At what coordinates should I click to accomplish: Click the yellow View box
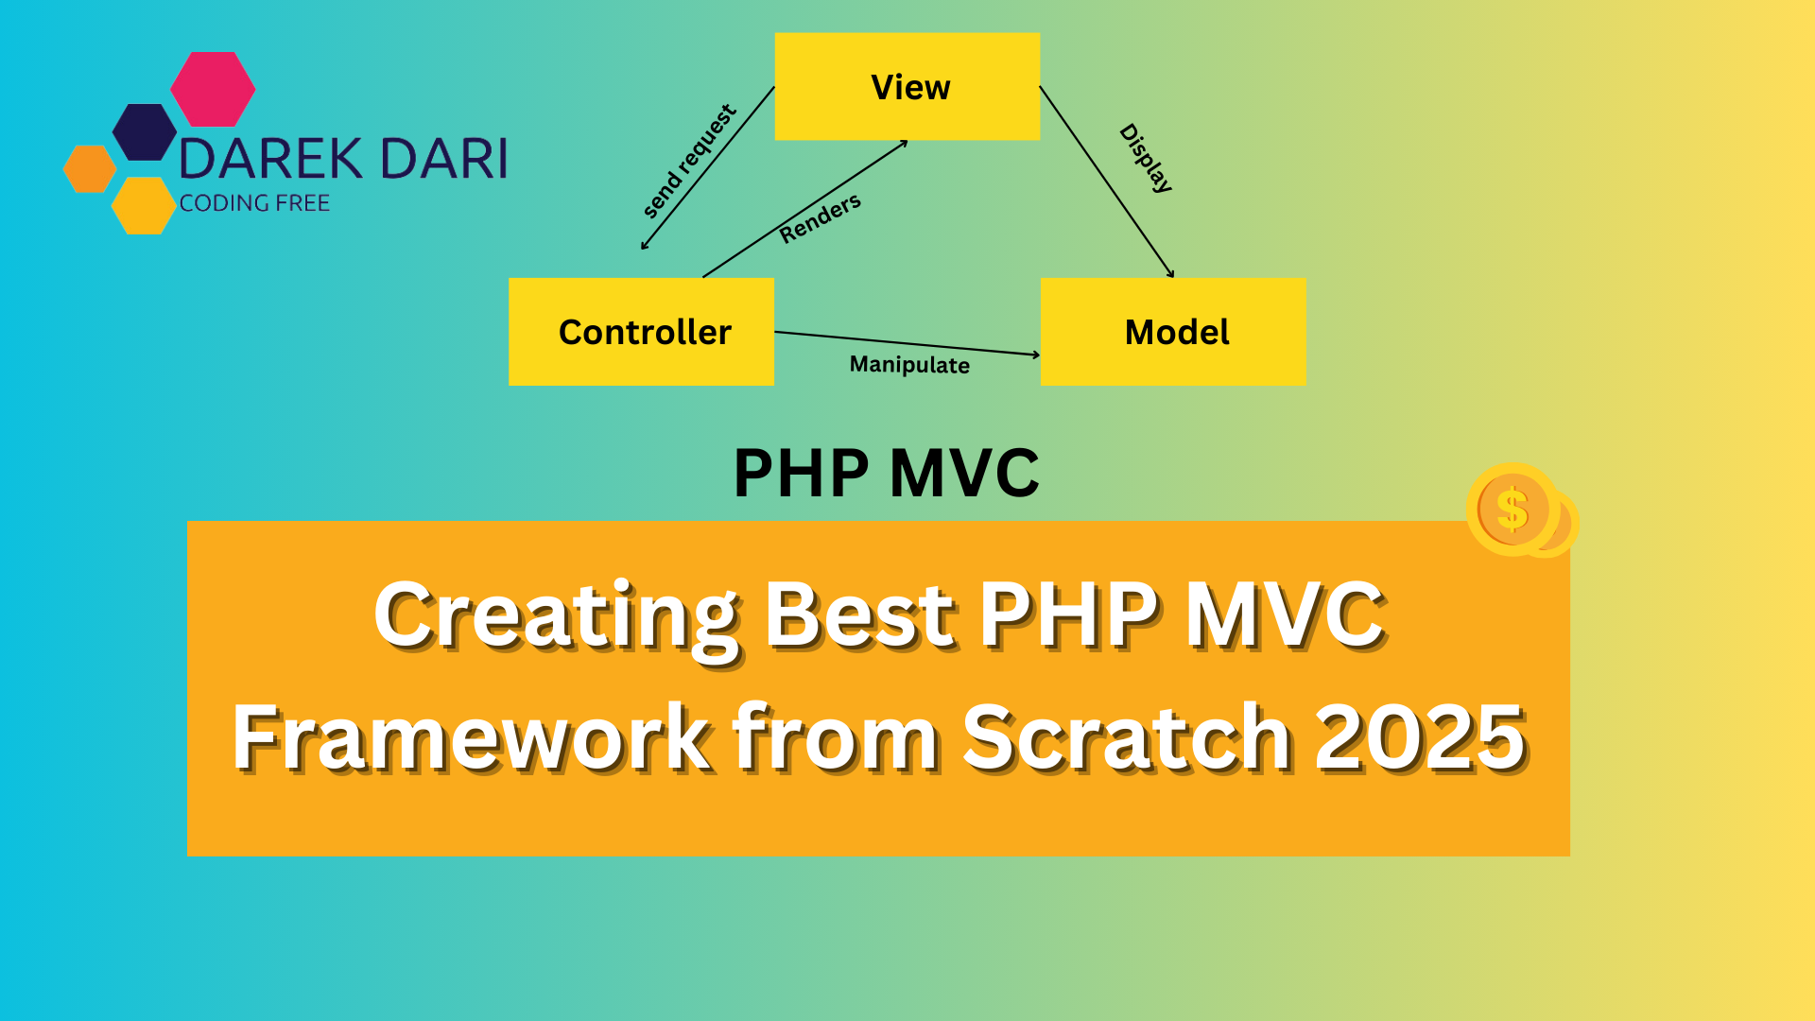pos(907,87)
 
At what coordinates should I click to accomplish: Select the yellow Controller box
pos(641,332)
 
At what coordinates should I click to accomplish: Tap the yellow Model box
pos(1173,332)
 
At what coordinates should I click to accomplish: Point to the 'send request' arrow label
pos(689,162)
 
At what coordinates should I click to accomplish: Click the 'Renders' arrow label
pos(821,218)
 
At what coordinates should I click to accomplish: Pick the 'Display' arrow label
pos(1147,159)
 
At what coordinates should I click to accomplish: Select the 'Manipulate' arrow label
pos(909,365)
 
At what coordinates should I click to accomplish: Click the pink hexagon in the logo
pos(213,89)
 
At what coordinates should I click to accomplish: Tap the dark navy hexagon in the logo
pos(145,132)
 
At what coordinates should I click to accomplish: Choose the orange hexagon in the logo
pos(90,169)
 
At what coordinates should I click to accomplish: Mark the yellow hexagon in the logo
pos(144,205)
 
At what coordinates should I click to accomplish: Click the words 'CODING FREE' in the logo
pos(254,203)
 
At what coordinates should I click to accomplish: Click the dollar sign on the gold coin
pos(1512,510)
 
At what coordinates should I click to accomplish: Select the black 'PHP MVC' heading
pos(887,473)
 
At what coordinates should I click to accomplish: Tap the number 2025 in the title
pos(1421,737)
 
